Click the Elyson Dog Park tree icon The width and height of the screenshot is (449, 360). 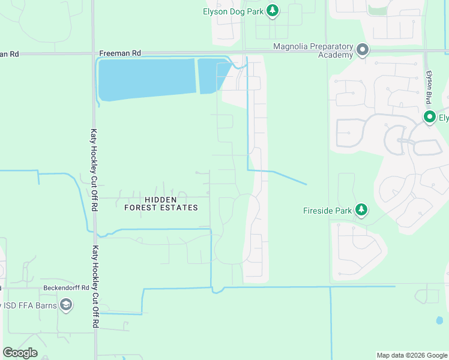click(273, 10)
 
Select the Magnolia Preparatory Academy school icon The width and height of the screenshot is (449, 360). click(363, 50)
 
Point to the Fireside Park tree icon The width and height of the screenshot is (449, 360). click(361, 209)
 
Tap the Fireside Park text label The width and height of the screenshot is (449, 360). click(327, 211)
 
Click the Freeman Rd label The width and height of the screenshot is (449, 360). click(119, 53)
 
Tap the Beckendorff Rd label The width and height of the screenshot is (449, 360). click(66, 287)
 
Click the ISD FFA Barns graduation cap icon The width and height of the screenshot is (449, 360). click(67, 305)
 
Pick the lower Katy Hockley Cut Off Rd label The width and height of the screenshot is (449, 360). click(95, 285)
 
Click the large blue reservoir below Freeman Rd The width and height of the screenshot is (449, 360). click(146, 79)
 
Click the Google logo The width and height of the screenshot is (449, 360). click(20, 352)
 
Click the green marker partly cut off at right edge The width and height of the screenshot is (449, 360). click(430, 117)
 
